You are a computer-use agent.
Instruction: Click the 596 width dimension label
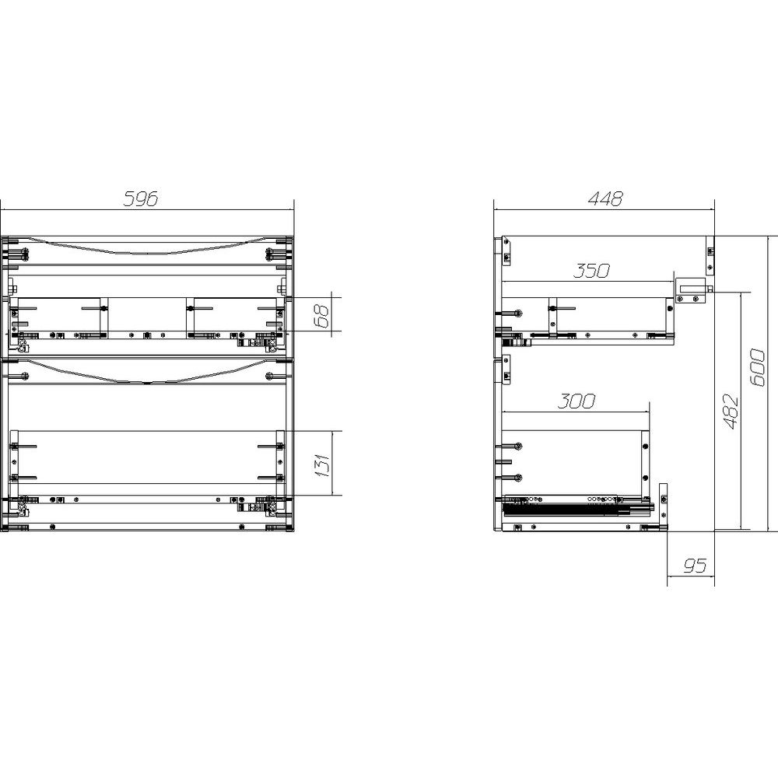140,198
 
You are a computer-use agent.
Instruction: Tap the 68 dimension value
323,316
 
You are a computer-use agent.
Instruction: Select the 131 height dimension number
323,464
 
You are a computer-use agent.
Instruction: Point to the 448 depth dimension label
605,198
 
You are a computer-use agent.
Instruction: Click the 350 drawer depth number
591,271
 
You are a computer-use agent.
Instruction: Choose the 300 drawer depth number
576,401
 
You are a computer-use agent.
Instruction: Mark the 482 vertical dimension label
731,412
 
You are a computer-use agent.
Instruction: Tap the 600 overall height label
757,368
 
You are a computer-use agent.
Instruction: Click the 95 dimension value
694,565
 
